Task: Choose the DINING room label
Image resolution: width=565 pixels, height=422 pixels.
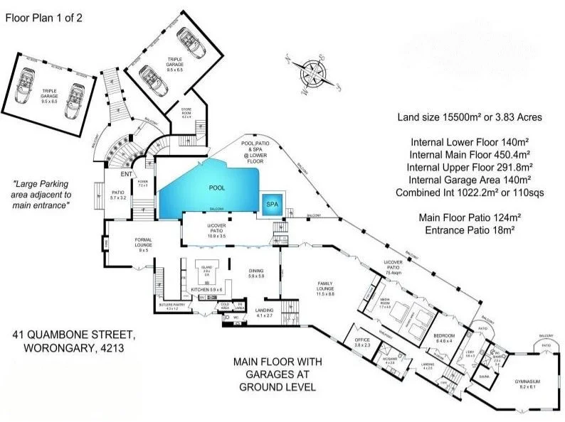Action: click(255, 273)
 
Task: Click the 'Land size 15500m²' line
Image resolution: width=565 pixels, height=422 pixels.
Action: click(470, 117)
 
